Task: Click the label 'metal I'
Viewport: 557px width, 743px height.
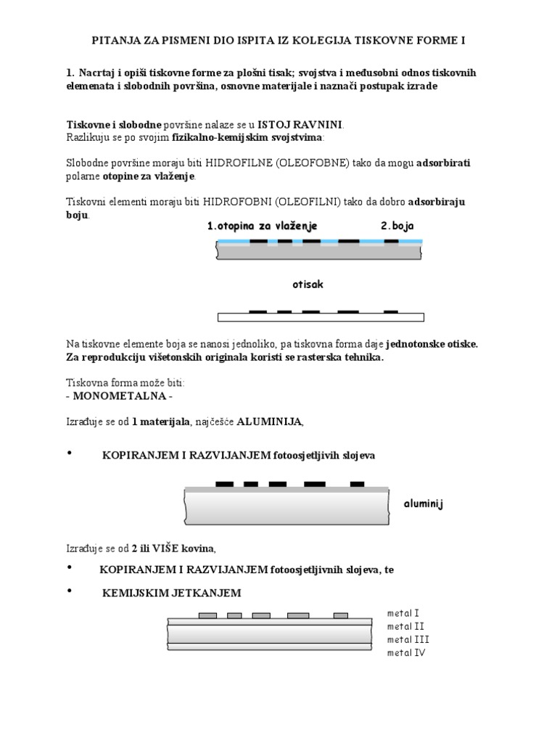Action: [x=403, y=613]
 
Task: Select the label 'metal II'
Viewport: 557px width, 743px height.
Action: [x=405, y=626]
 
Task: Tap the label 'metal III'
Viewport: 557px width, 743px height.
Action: [x=408, y=639]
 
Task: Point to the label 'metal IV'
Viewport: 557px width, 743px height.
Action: [x=406, y=653]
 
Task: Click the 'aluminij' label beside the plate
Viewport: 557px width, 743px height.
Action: [x=424, y=504]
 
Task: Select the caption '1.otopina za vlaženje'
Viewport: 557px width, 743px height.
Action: [x=262, y=226]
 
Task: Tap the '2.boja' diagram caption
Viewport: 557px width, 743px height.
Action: [x=397, y=226]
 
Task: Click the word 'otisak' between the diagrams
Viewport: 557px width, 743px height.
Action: [x=308, y=284]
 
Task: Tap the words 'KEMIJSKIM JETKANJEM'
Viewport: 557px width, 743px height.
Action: [x=171, y=594]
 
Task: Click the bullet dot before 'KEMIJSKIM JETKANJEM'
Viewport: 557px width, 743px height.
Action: [x=70, y=592]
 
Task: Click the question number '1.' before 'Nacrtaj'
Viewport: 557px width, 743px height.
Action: [x=70, y=73]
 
